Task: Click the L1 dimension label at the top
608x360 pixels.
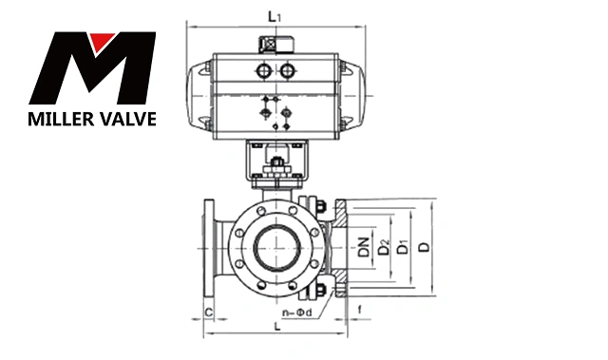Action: click(275, 17)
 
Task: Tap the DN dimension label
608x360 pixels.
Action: click(364, 248)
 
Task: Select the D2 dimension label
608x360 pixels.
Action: click(384, 248)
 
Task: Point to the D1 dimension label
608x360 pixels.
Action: click(404, 248)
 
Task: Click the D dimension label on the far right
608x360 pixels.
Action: click(426, 247)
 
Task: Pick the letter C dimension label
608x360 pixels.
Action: click(209, 313)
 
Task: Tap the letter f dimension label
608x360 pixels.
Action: click(360, 310)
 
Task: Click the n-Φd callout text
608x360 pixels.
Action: click(296, 313)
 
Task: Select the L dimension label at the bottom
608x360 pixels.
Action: click(276, 327)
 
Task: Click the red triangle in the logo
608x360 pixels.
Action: click(102, 41)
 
